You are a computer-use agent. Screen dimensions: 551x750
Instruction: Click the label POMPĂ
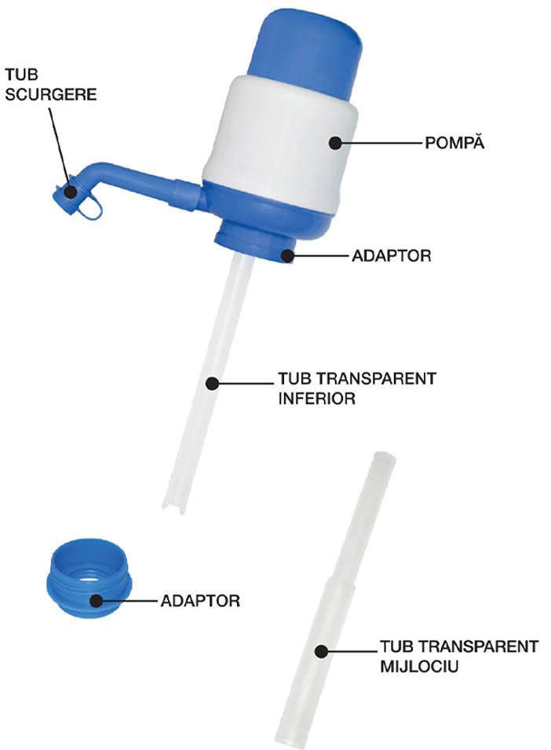pyautogui.click(x=454, y=142)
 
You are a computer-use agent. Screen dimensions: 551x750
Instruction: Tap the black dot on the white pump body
pyautogui.click(x=335, y=143)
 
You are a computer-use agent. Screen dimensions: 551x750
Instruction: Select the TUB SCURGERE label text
pyautogui.click(x=51, y=84)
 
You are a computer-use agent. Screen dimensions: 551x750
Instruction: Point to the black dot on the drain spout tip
pyautogui.click(x=71, y=192)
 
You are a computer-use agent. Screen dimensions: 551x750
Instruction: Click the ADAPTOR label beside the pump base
pyautogui.click(x=391, y=256)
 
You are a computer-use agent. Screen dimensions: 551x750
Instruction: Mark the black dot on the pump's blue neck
pyautogui.click(x=287, y=256)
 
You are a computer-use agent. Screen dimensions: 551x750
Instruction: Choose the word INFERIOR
pyautogui.click(x=317, y=398)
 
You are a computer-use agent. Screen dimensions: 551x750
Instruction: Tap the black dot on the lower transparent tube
pyautogui.click(x=212, y=383)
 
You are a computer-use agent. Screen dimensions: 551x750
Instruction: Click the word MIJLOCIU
pyautogui.click(x=419, y=666)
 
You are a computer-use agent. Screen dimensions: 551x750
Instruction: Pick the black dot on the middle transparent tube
pyautogui.click(x=322, y=651)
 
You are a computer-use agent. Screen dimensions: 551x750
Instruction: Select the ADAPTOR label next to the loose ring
pyautogui.click(x=200, y=600)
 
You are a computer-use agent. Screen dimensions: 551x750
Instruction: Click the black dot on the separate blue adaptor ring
pyautogui.click(x=97, y=601)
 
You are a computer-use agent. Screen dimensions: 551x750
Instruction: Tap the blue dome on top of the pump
pyautogui.click(x=306, y=48)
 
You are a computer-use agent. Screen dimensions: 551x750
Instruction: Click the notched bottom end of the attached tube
pyautogui.click(x=173, y=507)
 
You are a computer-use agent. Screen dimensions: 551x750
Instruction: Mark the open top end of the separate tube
pyautogui.click(x=383, y=457)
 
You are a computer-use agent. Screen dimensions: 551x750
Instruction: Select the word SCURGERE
pyautogui.click(x=51, y=94)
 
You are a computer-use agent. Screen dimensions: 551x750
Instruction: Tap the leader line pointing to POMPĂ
pyautogui.click(x=381, y=143)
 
